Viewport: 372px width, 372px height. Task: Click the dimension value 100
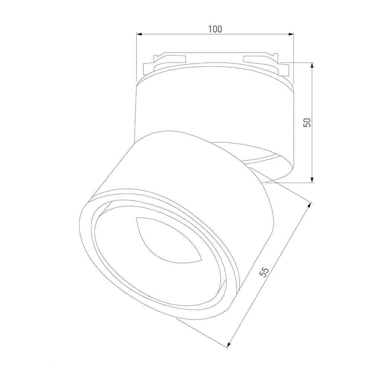215,29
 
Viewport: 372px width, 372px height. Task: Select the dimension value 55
264,272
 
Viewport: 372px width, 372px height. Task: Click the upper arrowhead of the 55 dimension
310,206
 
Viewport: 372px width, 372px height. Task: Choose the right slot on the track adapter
257,58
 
